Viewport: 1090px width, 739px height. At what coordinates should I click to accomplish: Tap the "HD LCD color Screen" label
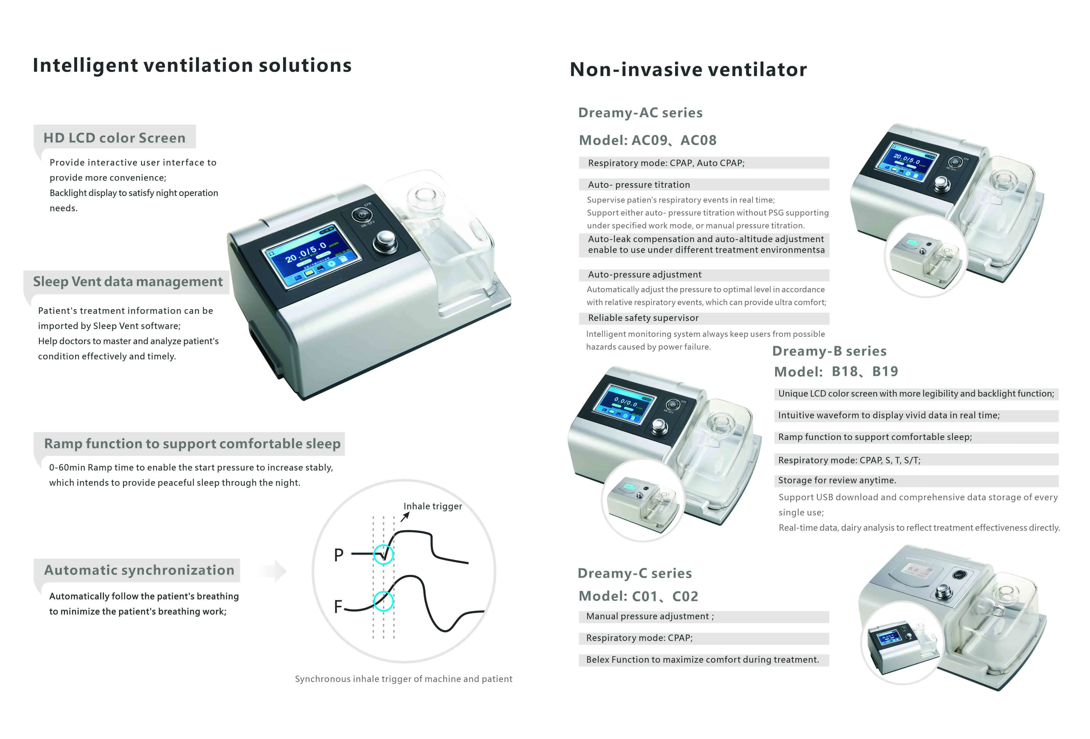[x=114, y=138]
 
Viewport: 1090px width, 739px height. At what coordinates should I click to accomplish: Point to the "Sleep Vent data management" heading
[x=128, y=282]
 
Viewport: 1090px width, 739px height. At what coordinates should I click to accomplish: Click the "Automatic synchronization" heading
[x=139, y=570]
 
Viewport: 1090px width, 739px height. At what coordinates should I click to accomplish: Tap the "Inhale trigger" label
[x=433, y=506]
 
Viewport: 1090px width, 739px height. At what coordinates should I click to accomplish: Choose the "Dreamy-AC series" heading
[x=640, y=113]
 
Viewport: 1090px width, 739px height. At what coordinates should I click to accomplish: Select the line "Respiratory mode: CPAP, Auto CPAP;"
[x=666, y=163]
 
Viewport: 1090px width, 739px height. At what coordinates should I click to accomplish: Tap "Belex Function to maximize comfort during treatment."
[x=702, y=660]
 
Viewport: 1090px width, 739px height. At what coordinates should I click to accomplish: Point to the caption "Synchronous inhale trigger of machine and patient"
[x=403, y=679]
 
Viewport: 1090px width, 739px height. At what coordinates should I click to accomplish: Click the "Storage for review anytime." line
[x=837, y=480]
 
